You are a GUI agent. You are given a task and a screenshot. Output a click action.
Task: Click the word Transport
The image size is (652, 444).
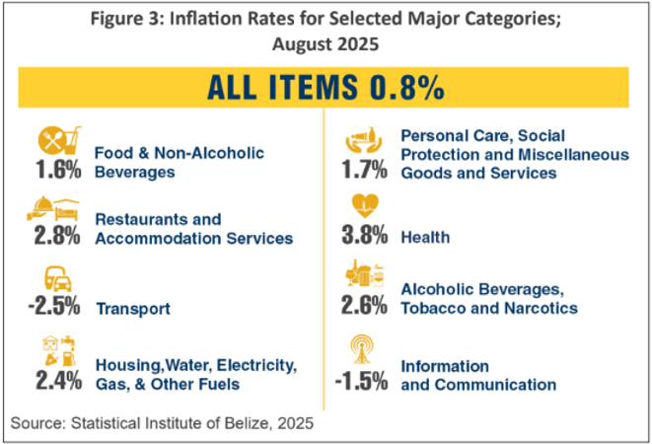coord(133,309)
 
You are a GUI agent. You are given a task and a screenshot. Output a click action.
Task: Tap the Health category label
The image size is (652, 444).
coord(426,238)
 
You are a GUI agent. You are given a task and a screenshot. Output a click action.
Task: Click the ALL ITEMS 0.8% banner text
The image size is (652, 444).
coord(325,88)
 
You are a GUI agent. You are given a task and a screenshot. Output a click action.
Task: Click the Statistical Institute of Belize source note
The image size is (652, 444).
coord(162,423)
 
